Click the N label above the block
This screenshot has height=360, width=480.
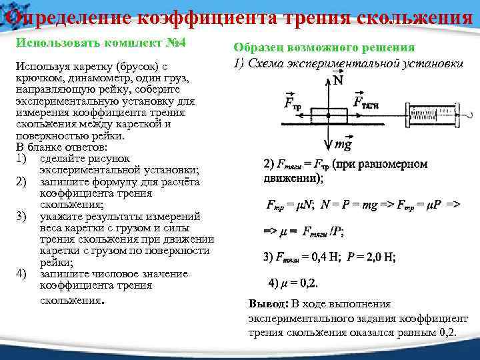click(x=338, y=81)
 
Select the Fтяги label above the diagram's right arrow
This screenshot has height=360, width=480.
click(x=367, y=103)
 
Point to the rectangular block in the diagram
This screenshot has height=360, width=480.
click(x=329, y=115)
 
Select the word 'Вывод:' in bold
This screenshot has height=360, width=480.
click(x=268, y=303)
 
